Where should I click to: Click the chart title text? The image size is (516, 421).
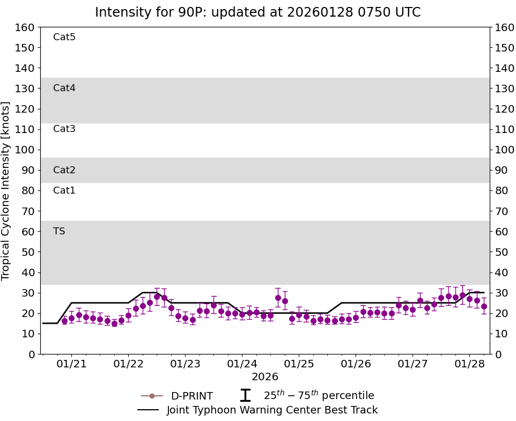257,12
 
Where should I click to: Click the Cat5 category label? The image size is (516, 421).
64,37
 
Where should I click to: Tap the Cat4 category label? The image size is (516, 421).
64,88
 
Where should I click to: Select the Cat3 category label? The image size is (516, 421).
64,129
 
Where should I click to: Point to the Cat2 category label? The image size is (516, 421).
64,170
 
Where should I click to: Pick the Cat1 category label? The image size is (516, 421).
64,190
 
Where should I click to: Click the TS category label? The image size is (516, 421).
59,231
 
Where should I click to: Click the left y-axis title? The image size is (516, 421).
6,190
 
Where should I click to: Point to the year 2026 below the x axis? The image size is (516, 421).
264,377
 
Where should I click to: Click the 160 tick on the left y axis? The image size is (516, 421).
26,27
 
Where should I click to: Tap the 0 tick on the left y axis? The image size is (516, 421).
32,354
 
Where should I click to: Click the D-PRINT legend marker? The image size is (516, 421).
152,396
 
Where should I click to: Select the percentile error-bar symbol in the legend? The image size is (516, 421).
245,396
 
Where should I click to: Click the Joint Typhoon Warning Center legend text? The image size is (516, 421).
272,410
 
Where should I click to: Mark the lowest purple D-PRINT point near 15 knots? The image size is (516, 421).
114,323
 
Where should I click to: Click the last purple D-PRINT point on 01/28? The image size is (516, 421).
484,306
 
